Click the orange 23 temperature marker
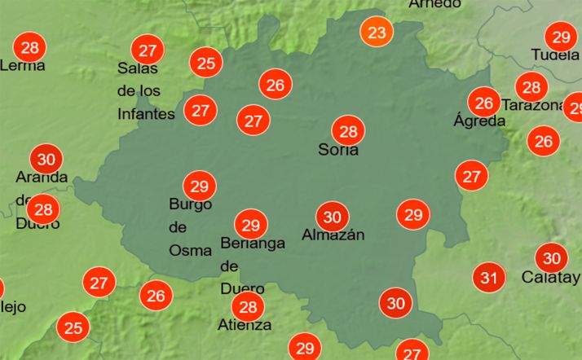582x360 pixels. click(377, 33)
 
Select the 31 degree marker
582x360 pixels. click(489, 278)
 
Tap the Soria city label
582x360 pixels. click(337, 150)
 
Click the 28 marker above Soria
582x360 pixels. click(349, 131)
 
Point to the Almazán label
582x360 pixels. click(333, 235)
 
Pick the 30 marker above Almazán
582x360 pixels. click(332, 217)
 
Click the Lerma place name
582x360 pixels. click(23, 65)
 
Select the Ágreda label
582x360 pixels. click(479, 121)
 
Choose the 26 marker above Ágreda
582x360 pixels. click(485, 103)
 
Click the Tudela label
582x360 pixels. click(554, 55)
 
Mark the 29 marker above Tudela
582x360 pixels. click(561, 37)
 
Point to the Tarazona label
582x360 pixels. click(533, 105)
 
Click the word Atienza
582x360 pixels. click(245, 325)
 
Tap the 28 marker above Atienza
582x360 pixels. click(248, 306)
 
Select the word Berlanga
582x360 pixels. click(253, 243)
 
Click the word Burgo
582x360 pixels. click(190, 204)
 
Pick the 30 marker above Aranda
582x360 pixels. click(46, 159)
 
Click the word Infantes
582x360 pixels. click(146, 113)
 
